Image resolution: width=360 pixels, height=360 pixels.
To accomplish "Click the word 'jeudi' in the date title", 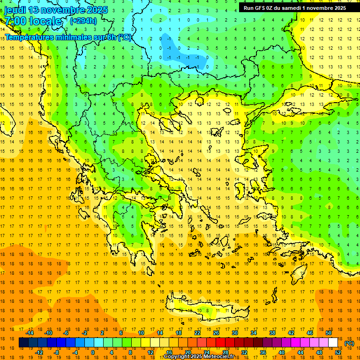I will (x=15, y=10).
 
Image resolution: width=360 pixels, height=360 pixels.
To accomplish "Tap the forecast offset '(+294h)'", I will (x=83, y=21).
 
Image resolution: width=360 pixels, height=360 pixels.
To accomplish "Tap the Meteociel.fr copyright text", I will (x=199, y=357).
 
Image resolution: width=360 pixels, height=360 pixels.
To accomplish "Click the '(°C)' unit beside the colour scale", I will (x=349, y=343).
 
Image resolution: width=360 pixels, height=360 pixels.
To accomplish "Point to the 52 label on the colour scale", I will (x=338, y=352).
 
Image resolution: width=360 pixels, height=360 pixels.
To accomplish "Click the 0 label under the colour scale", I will (x=93, y=352).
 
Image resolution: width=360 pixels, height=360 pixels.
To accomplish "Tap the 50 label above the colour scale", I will (x=328, y=333).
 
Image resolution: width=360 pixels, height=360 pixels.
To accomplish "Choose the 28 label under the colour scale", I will (x=225, y=352).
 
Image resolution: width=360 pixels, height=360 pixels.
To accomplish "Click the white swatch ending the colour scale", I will (x=333, y=343).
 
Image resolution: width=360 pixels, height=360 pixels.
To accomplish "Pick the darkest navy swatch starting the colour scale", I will (x=23, y=343).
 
